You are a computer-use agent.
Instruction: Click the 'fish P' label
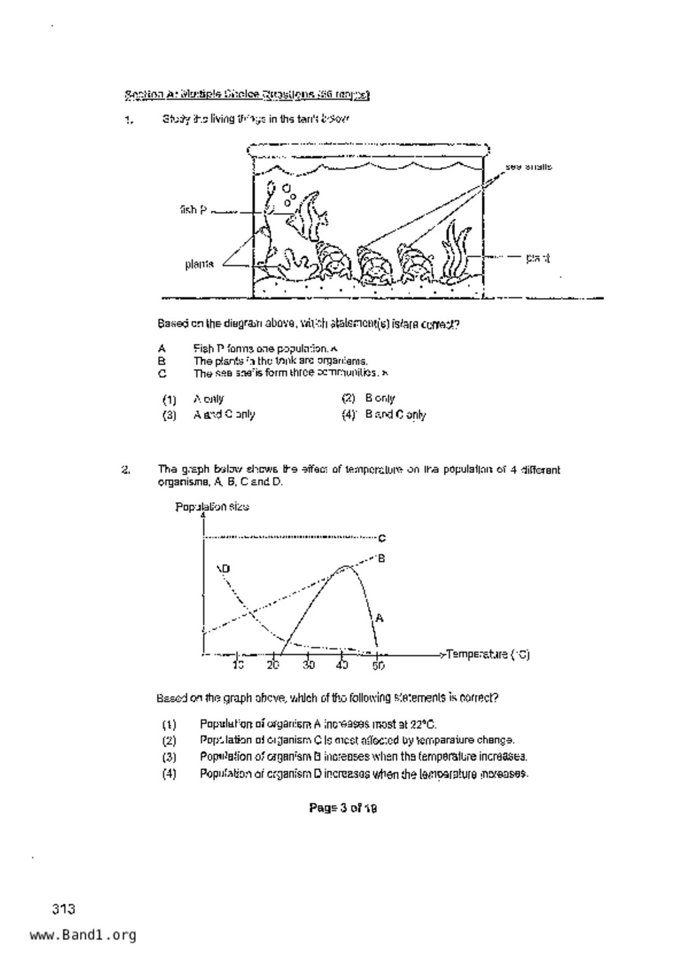193,210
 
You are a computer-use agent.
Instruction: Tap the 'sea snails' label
528,166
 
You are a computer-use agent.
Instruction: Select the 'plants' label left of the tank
199,264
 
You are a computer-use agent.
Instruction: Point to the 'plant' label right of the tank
537,257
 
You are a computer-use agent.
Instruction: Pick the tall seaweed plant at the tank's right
456,251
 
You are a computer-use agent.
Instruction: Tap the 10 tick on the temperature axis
238,665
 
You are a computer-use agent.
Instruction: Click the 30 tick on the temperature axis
308,665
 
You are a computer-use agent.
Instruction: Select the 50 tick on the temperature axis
378,665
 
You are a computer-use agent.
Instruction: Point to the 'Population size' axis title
212,507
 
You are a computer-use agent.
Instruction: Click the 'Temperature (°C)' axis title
488,654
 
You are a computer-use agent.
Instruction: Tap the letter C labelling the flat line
382,538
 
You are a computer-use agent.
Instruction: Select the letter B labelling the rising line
381,558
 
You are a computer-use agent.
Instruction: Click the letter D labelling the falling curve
225,568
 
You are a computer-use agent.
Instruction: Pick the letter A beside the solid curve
379,618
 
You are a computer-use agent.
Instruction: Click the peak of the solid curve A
345,566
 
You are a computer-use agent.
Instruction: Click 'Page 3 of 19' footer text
343,808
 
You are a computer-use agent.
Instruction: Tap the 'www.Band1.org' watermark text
83,935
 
